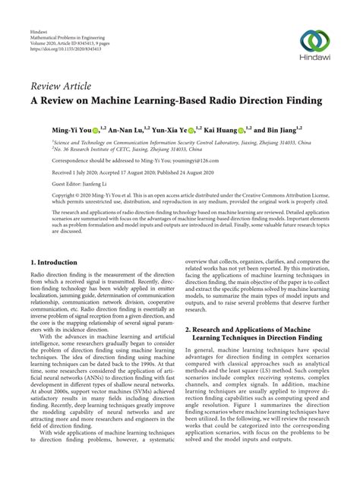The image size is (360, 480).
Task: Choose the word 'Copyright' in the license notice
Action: point(45,196)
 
